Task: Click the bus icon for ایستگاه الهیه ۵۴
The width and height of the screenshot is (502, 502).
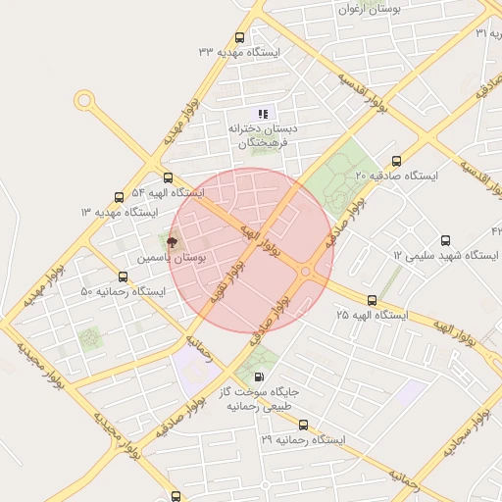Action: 168,178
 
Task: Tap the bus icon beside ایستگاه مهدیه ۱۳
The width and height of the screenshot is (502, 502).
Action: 120,197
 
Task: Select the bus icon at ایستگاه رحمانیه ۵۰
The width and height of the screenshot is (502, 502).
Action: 123,277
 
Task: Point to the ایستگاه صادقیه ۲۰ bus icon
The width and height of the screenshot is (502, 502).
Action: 396,161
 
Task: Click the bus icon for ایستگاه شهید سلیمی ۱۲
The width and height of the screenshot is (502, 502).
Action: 446,240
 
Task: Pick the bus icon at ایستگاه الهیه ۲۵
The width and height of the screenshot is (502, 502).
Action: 371,300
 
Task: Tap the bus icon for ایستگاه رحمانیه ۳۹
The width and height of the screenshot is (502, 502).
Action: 302,426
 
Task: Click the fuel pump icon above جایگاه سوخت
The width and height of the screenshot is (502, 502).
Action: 258,376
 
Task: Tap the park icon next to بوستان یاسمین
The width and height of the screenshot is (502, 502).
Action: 173,240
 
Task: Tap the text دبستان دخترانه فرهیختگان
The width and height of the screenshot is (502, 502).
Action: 261,136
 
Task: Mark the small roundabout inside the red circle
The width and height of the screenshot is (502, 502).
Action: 306,272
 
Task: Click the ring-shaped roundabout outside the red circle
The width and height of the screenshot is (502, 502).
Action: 84,100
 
